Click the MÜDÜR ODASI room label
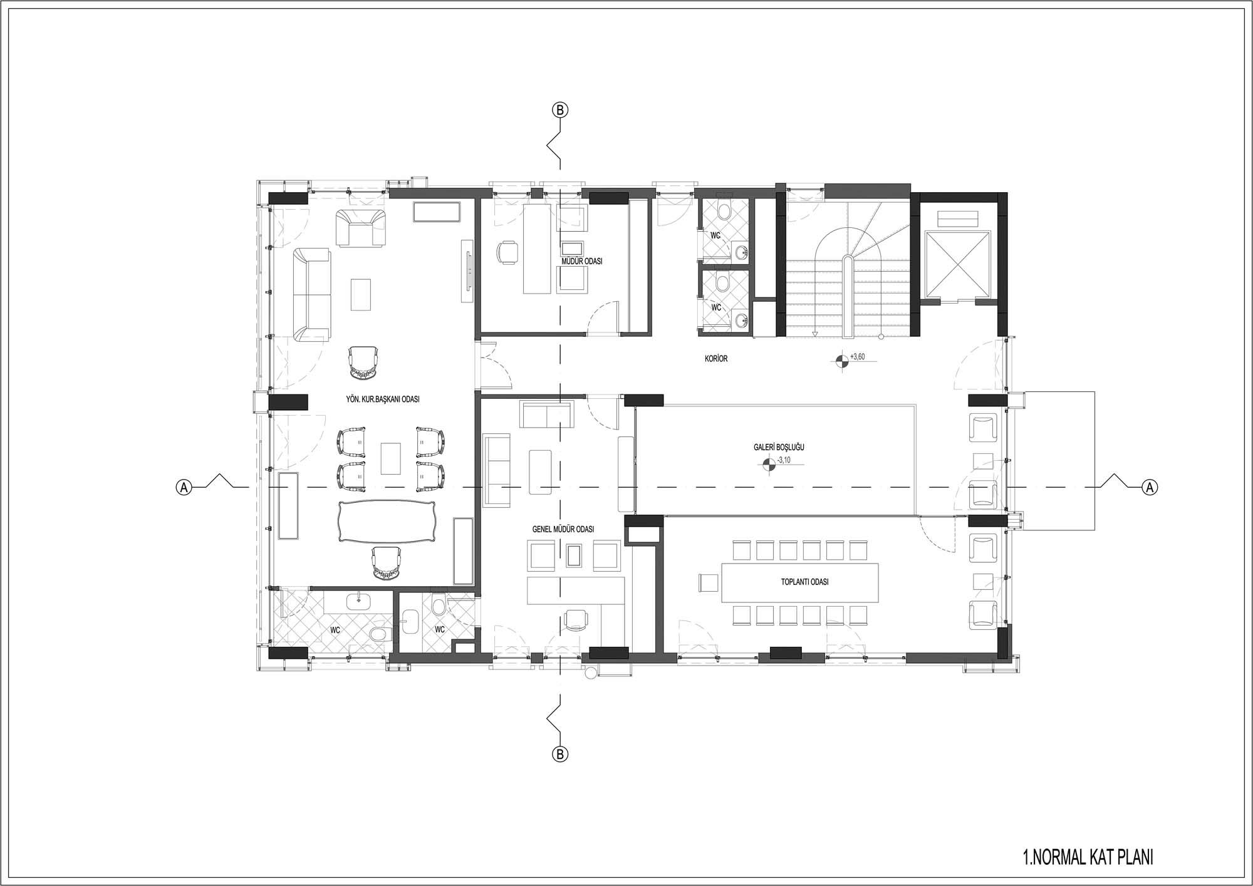pos(582,261)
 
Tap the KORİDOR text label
pos(716,359)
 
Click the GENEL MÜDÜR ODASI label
pos(563,529)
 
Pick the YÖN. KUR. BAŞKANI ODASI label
pos(383,399)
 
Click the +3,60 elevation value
pos(858,357)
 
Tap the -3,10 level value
pos(784,460)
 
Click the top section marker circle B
pos(560,110)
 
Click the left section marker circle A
pos(184,487)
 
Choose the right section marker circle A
pos(1150,487)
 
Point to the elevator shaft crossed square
pos(958,262)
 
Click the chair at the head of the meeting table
pos(709,582)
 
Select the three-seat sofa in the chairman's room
pos(312,295)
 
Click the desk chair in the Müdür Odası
pos(507,252)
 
